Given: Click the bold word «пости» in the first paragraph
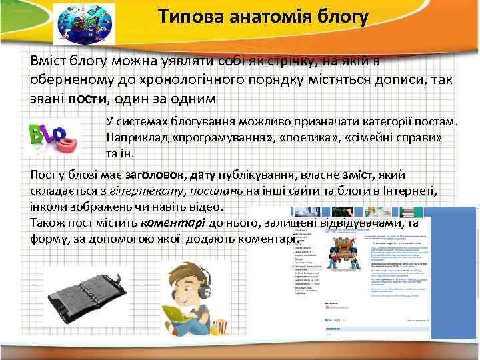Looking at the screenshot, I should click(x=87, y=99).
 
